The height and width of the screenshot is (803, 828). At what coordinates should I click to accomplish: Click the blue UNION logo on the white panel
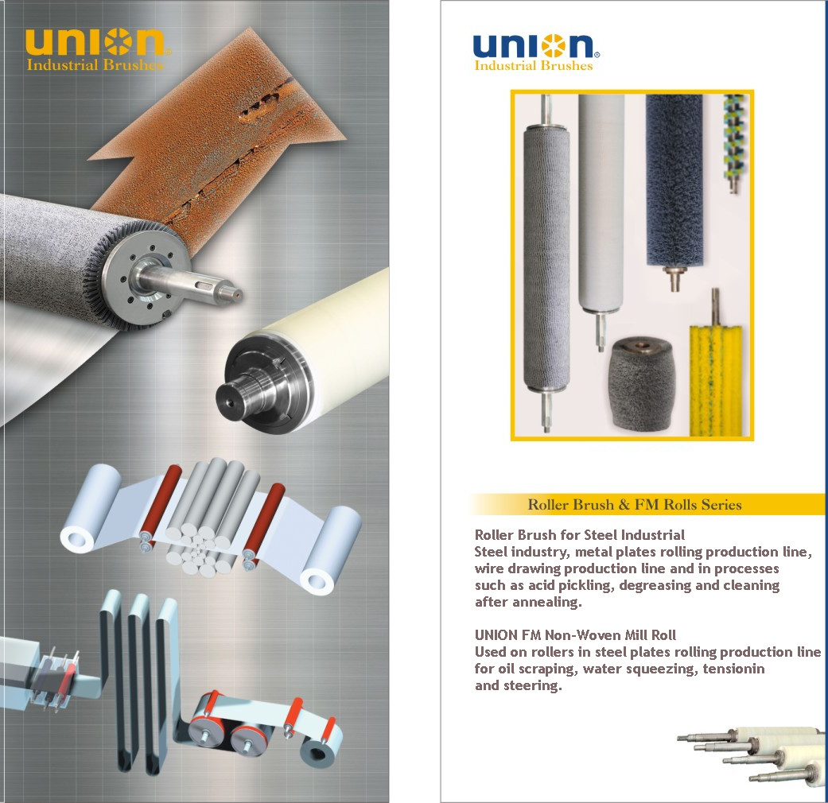point(536,46)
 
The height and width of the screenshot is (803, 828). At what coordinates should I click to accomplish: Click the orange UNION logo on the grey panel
point(98,41)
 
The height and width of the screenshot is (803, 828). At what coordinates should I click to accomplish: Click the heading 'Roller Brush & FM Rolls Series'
point(635,505)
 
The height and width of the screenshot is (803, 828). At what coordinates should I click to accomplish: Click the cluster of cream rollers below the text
point(752,756)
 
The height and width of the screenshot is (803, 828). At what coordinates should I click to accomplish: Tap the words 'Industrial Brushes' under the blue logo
point(534,65)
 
